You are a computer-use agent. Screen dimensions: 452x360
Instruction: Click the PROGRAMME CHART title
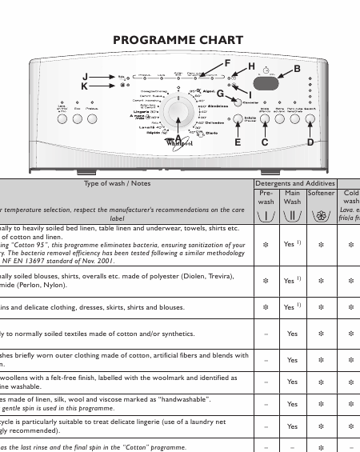(179, 41)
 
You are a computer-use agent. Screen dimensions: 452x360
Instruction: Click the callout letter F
(227, 64)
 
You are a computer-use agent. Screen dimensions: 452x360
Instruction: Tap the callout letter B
(297, 70)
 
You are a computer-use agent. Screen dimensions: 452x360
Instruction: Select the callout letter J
(85, 77)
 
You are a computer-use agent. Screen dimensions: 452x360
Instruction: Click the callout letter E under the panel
(238, 142)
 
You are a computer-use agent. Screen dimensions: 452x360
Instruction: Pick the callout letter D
(310, 142)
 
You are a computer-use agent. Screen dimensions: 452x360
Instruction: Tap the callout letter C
(265, 142)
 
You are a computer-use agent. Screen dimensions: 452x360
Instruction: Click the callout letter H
(251, 66)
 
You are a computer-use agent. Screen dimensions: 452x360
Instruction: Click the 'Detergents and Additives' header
(292, 183)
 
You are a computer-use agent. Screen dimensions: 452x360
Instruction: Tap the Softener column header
(321, 193)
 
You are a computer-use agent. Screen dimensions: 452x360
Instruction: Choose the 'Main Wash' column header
(292, 197)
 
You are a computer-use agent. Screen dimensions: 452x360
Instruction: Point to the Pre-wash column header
(266, 197)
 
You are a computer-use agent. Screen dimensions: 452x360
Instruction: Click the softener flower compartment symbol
(321, 215)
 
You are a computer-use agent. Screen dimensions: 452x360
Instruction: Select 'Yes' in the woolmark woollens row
(292, 382)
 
